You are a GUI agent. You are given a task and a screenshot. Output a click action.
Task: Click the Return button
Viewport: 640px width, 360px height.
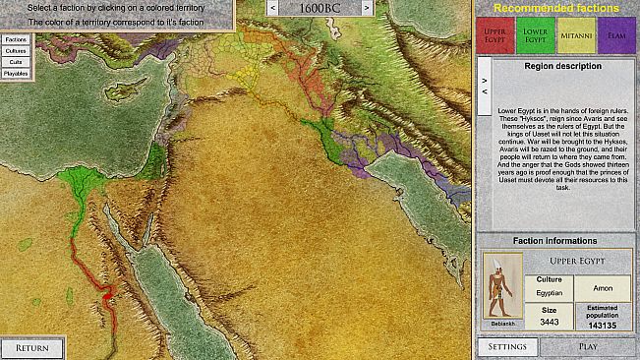pyautogui.click(x=32, y=347)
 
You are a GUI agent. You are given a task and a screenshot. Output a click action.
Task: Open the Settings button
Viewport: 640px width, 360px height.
pyautogui.click(x=508, y=347)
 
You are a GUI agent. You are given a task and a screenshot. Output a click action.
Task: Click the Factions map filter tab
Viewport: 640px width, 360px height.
pyautogui.click(x=16, y=39)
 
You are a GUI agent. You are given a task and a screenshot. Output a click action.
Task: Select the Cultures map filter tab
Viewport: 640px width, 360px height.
pyautogui.click(x=16, y=50)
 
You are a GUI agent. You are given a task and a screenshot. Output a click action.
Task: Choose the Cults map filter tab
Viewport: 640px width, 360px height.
pyautogui.click(x=16, y=62)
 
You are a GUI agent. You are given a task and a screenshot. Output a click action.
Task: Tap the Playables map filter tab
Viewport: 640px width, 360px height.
pyautogui.click(x=16, y=73)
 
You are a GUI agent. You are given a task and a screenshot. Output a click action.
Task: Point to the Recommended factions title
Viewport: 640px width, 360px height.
pyautogui.click(x=556, y=9)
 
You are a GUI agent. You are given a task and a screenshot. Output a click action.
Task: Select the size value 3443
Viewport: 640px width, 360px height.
pyautogui.click(x=549, y=323)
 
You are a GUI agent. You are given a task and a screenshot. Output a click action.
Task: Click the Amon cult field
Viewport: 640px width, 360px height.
pyautogui.click(x=603, y=287)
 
